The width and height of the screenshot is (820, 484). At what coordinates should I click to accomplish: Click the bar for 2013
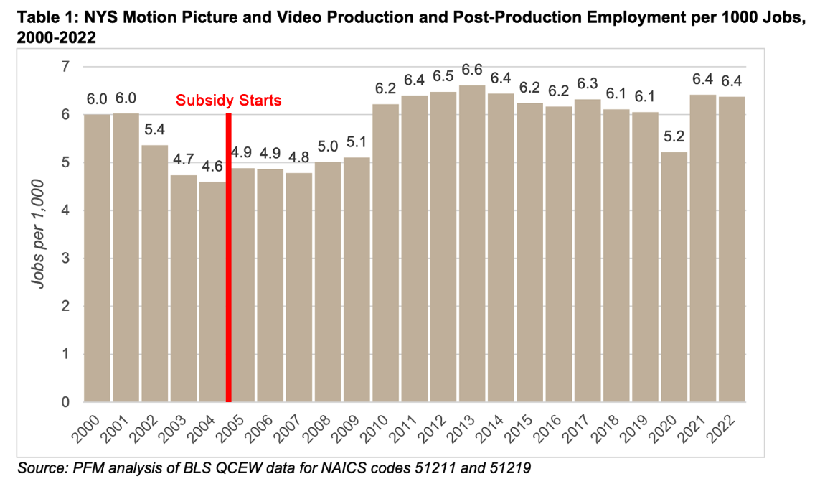tap(473, 244)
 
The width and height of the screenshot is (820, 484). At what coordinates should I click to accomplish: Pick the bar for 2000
tap(98, 259)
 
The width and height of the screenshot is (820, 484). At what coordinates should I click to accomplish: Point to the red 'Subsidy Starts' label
tap(229, 101)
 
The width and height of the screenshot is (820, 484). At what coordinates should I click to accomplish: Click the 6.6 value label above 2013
tap(473, 70)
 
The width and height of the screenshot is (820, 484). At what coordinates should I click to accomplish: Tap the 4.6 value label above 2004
tap(213, 167)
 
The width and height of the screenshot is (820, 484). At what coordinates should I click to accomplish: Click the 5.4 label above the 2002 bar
tap(156, 131)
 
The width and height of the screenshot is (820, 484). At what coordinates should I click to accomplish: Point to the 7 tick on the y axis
tap(67, 67)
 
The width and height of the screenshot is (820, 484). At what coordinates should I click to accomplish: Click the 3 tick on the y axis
tap(67, 259)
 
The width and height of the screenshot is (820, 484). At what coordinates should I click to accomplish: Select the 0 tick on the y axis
tap(67, 402)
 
